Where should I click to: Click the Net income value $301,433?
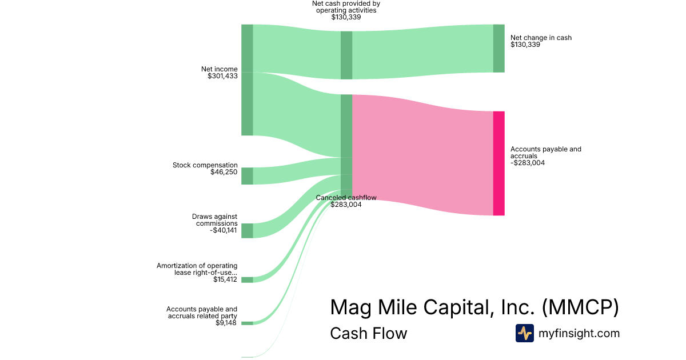pyautogui.click(x=222, y=76)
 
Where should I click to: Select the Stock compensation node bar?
pyautogui.click(x=247, y=176)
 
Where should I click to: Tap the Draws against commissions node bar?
pyautogui.click(x=247, y=231)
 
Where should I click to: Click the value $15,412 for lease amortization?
pyautogui.click(x=225, y=279)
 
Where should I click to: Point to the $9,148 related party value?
pyautogui.click(x=226, y=323)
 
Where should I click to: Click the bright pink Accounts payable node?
pyautogui.click(x=499, y=163)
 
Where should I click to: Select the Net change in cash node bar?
pyautogui.click(x=499, y=49)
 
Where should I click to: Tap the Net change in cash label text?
pyautogui.click(x=541, y=38)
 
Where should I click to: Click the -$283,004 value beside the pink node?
pyautogui.click(x=528, y=163)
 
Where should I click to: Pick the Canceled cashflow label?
pyautogui.click(x=346, y=198)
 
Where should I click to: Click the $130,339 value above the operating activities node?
pyautogui.click(x=346, y=17)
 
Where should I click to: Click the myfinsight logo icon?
pyautogui.click(x=525, y=333)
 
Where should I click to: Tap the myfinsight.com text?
pyautogui.click(x=579, y=333)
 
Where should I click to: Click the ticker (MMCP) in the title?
pyautogui.click(x=580, y=307)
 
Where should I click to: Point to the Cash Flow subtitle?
pyautogui.click(x=369, y=333)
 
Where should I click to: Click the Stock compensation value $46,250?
pyautogui.click(x=224, y=172)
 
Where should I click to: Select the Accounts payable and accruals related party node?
pyautogui.click(x=247, y=323)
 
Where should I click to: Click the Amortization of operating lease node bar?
pyautogui.click(x=247, y=280)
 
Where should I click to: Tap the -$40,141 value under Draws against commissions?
pyautogui.click(x=224, y=230)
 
